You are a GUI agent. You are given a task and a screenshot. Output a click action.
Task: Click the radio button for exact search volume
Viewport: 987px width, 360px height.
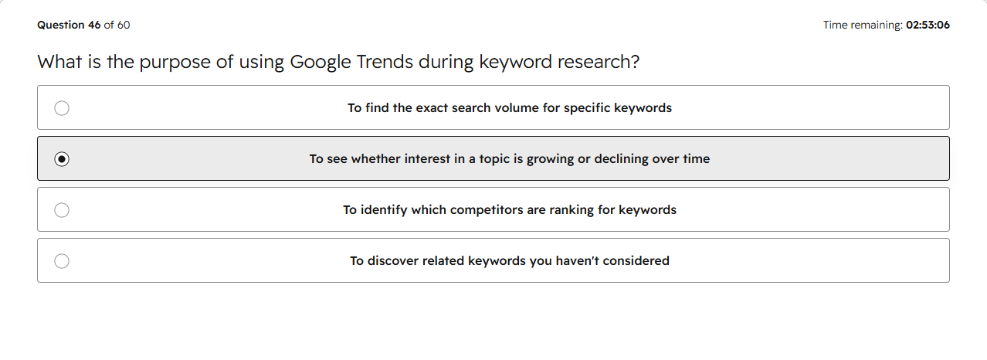[62, 108]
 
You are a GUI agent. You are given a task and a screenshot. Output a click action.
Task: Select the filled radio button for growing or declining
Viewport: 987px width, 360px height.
[62, 159]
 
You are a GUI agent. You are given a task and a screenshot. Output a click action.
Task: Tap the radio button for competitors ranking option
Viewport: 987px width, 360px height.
[62, 210]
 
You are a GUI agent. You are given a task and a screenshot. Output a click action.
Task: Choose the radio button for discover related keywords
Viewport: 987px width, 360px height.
[62, 261]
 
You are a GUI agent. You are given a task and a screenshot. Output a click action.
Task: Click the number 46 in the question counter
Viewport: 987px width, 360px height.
[94, 25]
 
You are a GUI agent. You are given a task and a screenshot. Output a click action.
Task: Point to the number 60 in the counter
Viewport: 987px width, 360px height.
[124, 25]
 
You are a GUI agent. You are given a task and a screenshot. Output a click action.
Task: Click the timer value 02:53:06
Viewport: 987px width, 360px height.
[928, 25]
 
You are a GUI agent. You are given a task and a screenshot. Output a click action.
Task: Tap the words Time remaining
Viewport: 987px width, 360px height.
[863, 25]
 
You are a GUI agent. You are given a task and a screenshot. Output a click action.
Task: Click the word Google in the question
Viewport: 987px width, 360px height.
[321, 62]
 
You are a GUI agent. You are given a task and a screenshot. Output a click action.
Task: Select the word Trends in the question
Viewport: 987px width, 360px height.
[385, 62]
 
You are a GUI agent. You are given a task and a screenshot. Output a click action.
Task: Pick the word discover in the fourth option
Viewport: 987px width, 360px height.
[393, 261]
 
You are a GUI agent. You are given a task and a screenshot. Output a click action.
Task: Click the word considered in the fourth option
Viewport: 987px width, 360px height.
[636, 261]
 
